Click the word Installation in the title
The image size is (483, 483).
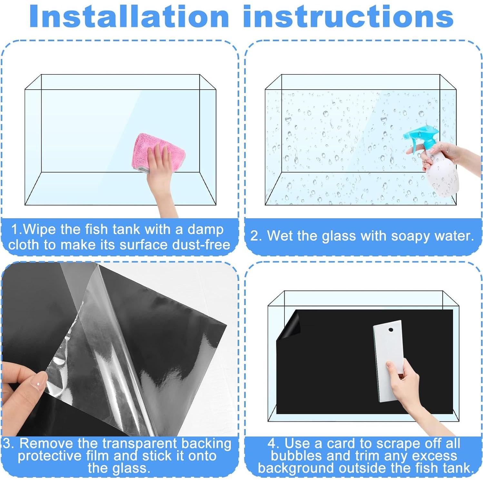(x=129, y=16)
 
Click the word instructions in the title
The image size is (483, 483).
(x=349, y=16)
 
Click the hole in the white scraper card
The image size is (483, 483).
(x=390, y=330)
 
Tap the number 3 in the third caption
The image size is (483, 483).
(x=6, y=444)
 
